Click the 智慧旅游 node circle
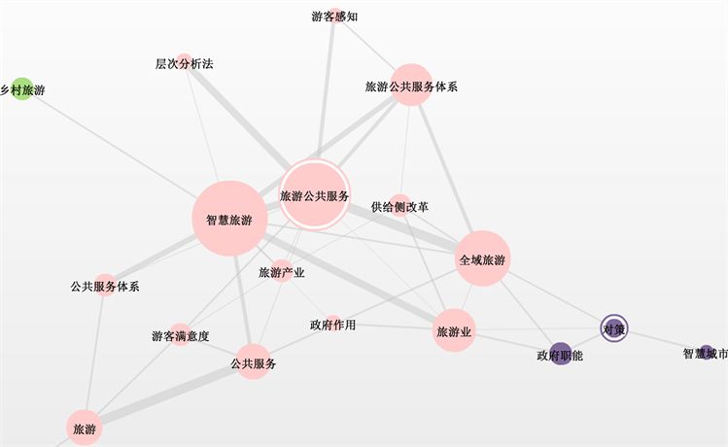(x=229, y=219)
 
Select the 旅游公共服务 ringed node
(x=314, y=195)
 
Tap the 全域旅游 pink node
(x=482, y=258)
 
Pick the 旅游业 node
(x=455, y=331)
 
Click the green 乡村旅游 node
(x=21, y=89)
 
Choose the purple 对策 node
(x=613, y=328)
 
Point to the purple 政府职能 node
(x=560, y=354)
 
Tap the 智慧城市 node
(x=707, y=354)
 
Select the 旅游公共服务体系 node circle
(x=411, y=86)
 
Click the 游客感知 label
(x=334, y=16)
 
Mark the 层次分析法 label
(x=184, y=64)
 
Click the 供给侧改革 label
(x=399, y=207)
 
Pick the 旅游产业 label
(x=282, y=273)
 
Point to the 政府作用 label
(x=332, y=325)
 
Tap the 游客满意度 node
(x=181, y=335)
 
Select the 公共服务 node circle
(x=253, y=362)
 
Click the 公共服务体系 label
(x=105, y=287)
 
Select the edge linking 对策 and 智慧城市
(x=661, y=341)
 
